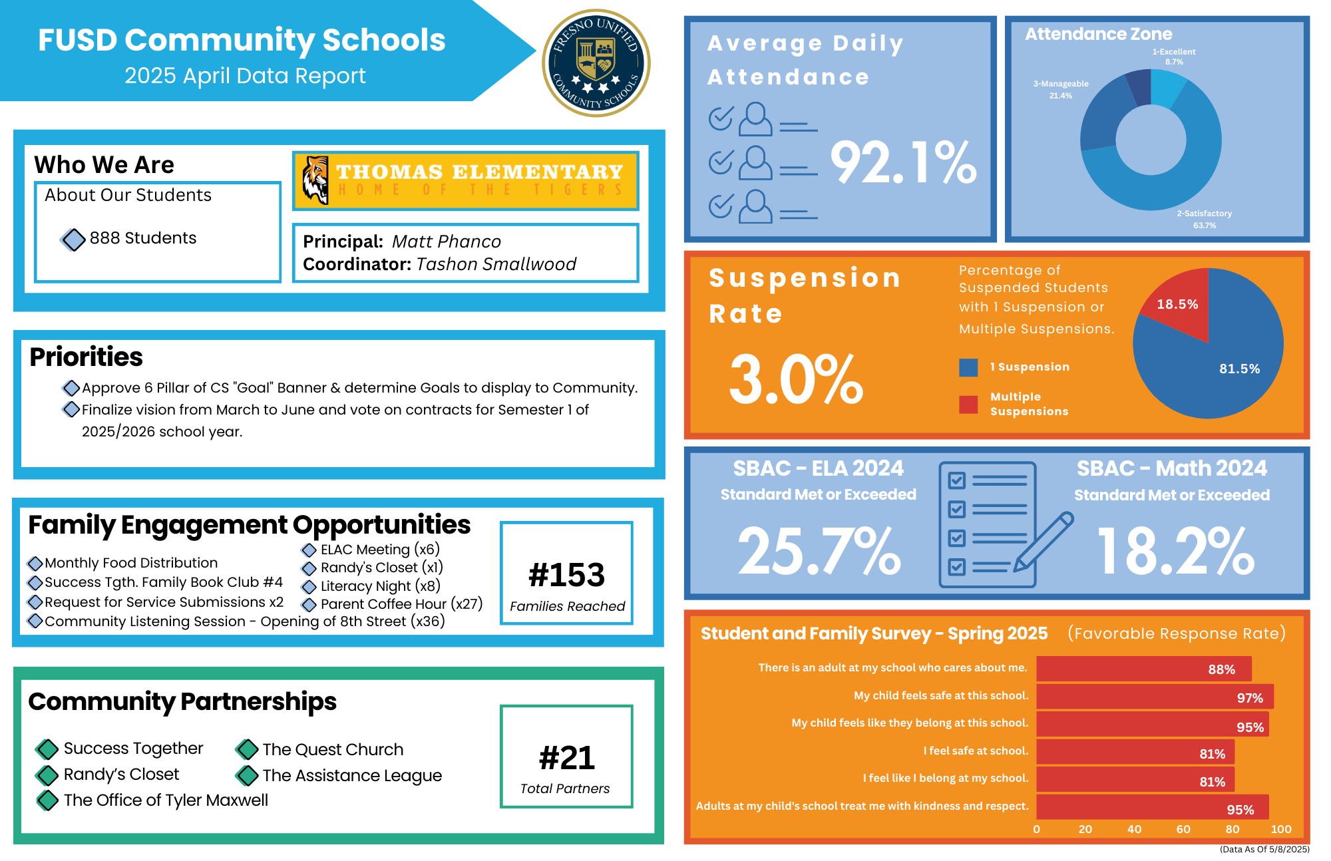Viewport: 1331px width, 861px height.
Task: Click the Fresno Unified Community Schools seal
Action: [x=596, y=64]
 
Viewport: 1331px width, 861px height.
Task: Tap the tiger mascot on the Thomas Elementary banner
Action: [x=315, y=180]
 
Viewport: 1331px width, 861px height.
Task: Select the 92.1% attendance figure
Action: [x=903, y=163]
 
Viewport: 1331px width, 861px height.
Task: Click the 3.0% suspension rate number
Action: [x=796, y=379]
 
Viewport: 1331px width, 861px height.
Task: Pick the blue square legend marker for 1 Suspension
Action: [x=968, y=367]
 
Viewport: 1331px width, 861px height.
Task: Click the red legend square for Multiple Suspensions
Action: [x=968, y=405]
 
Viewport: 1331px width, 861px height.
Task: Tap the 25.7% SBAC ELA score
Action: [x=819, y=551]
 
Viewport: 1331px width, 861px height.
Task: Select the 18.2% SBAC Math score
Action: [x=1175, y=551]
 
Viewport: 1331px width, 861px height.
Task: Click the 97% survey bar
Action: [x=1155, y=697]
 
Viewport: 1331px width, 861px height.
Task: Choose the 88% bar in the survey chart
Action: [x=1143, y=669]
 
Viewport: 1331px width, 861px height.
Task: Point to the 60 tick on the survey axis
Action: [x=1183, y=829]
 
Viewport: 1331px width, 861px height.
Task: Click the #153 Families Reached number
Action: [x=566, y=575]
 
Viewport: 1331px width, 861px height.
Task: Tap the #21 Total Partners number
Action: [x=566, y=758]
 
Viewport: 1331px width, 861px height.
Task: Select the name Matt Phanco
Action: [x=446, y=242]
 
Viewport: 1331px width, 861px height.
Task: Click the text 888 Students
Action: [x=142, y=238]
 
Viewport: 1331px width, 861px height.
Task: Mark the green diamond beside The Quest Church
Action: [x=247, y=749]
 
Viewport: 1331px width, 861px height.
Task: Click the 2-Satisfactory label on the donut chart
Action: [x=1204, y=214]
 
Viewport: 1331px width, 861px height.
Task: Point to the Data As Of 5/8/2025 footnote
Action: [x=1264, y=849]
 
